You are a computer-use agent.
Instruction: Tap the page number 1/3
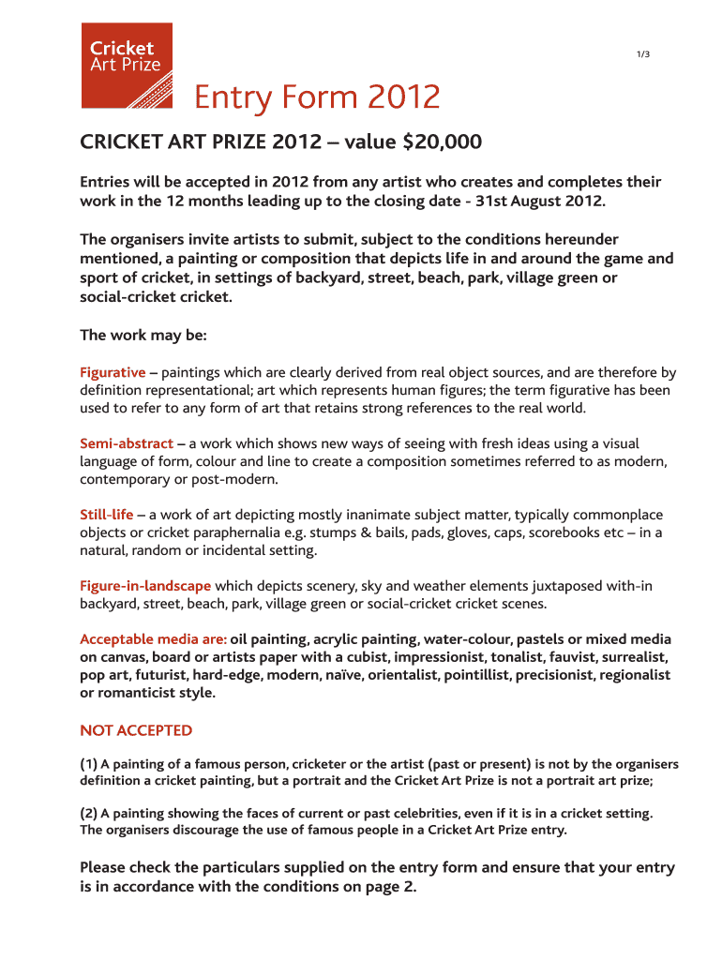click(642, 54)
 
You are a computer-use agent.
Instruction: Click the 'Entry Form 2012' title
click(317, 97)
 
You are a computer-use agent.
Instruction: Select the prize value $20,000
click(442, 142)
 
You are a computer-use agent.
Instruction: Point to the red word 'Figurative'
click(113, 372)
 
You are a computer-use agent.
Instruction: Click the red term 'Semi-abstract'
click(127, 443)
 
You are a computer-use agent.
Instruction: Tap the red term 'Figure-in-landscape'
click(145, 586)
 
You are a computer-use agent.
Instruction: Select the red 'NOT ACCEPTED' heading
click(136, 730)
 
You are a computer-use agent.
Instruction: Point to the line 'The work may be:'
click(143, 335)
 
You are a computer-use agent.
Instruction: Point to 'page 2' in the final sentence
click(388, 887)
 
